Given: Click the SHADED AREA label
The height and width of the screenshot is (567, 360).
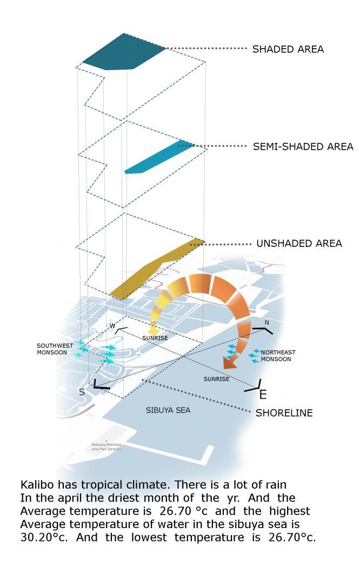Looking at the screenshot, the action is pos(288,49).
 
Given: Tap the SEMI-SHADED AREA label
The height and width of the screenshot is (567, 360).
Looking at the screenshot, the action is pos(303,146).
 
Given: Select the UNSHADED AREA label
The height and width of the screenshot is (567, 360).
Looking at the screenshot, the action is pos(299,244).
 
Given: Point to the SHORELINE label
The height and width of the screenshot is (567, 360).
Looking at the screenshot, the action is pos(284,413).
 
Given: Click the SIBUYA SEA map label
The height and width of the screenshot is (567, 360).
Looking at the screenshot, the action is pos(168,410).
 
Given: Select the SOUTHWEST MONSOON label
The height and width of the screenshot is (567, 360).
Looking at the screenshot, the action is pos(52,349).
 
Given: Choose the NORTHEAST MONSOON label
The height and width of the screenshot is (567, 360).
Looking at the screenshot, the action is pos(278,356).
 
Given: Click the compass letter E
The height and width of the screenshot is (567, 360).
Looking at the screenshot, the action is pos(263,395).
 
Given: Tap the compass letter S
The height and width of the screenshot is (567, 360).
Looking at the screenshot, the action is pos(82,392).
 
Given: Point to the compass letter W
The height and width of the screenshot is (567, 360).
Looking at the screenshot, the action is pos(112,326).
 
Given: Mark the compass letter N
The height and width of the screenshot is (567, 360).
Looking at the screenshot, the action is pos(266,323).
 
